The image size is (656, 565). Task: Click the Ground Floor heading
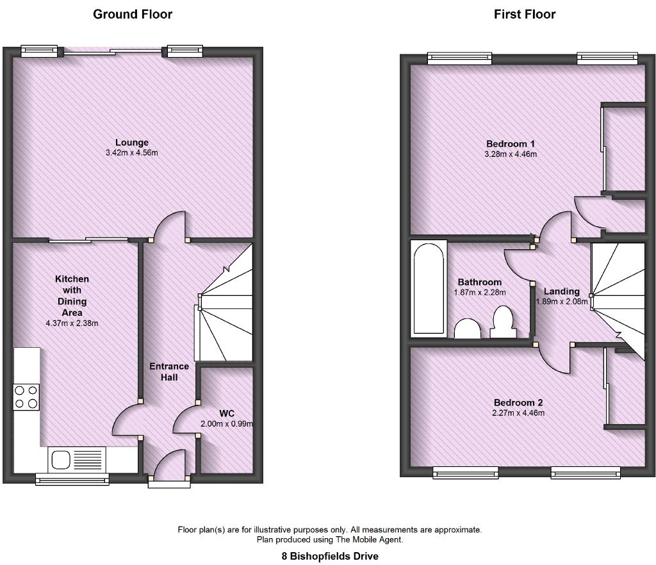133,14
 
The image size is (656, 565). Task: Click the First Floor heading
525,14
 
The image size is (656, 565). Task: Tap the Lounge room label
132,142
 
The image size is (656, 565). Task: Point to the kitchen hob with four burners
26,396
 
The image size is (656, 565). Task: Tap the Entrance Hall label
169,372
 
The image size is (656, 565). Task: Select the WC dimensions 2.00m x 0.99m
227,424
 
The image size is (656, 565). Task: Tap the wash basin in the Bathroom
468,329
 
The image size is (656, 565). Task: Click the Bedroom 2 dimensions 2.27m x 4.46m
518,413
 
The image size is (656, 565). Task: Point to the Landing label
561,291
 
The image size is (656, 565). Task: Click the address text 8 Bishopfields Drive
330,556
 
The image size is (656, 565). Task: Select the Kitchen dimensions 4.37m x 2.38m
72,323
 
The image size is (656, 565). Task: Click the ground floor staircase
225,307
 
